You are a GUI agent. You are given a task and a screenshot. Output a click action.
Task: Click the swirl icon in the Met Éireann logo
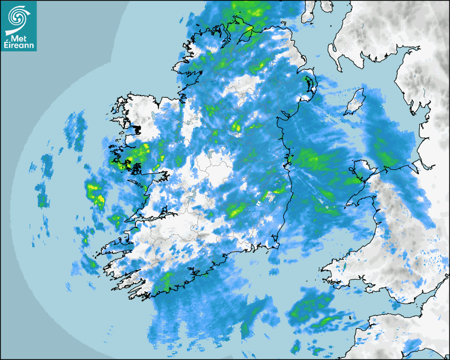[18, 17]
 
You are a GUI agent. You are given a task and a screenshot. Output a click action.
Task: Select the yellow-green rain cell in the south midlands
[236, 210]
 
